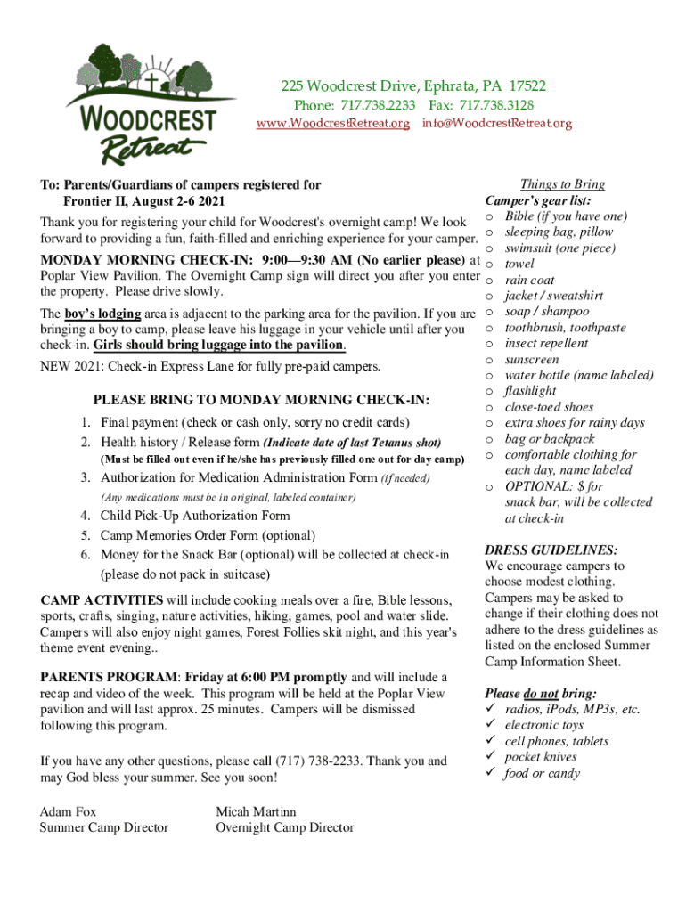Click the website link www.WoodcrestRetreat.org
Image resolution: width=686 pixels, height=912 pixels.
[x=332, y=124]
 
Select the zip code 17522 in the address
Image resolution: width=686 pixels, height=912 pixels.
[x=527, y=86]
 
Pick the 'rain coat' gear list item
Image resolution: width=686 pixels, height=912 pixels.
[x=529, y=281]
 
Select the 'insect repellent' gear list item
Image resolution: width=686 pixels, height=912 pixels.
[x=546, y=344]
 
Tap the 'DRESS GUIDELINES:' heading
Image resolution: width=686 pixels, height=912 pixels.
[x=551, y=550]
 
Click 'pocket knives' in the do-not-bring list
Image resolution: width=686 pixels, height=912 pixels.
[x=541, y=757]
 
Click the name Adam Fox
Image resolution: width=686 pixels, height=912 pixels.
[x=69, y=812]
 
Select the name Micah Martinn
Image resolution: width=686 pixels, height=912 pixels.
[x=256, y=812]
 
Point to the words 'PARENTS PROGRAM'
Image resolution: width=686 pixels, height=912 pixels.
[x=96, y=678]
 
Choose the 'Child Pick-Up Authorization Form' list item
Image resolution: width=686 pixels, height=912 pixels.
[x=195, y=516]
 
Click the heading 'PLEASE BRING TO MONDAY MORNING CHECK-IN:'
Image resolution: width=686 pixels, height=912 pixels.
[x=261, y=401]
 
